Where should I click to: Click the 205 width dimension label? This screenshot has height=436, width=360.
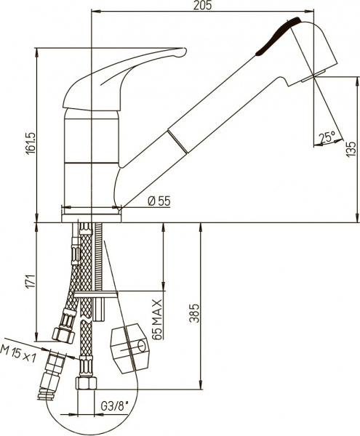click(202, 5)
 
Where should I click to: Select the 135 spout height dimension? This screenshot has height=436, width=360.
click(351, 149)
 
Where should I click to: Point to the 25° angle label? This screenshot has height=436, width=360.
click(327, 137)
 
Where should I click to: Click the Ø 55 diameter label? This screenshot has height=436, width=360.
click(159, 201)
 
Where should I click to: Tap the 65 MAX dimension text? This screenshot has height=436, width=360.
click(157, 320)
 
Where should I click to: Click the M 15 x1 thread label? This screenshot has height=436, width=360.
click(18, 353)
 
